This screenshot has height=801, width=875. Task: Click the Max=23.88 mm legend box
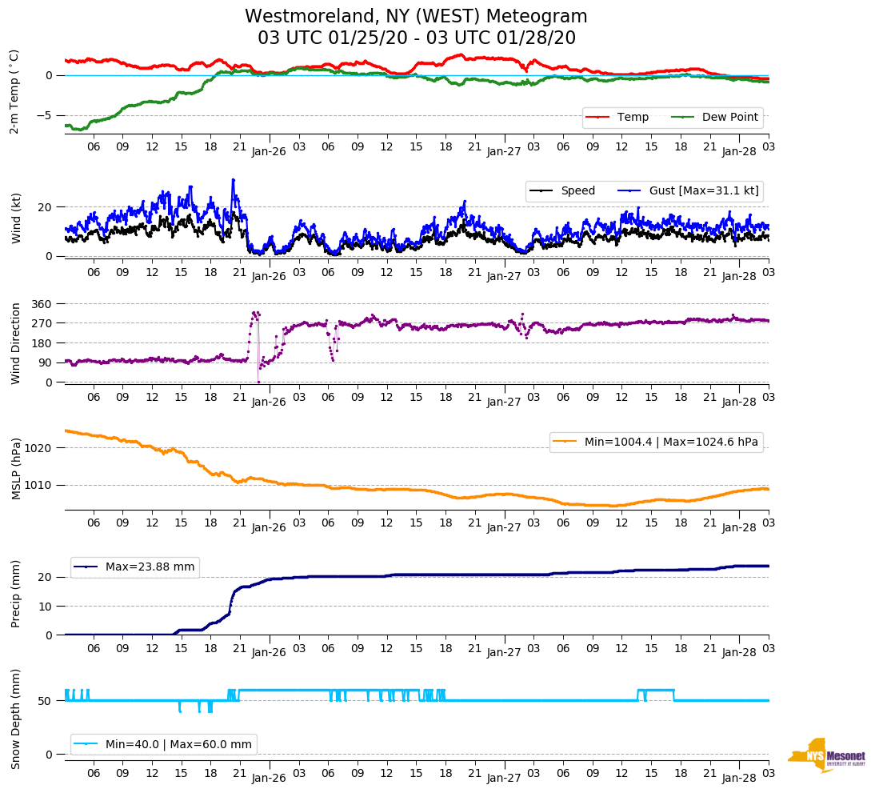(x=134, y=567)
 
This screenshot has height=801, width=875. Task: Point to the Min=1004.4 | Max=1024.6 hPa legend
(x=656, y=442)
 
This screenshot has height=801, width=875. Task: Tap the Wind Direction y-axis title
(x=15, y=343)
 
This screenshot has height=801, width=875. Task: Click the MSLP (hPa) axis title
(x=15, y=469)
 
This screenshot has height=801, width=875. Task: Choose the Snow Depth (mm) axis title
(x=15, y=719)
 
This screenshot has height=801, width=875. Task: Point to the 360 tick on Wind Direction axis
(x=42, y=304)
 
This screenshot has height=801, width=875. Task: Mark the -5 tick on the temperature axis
(x=46, y=115)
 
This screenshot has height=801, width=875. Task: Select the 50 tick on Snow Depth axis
(x=46, y=701)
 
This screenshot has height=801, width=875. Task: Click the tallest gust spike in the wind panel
(x=233, y=180)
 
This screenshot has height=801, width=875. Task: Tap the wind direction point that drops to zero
(x=258, y=381)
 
